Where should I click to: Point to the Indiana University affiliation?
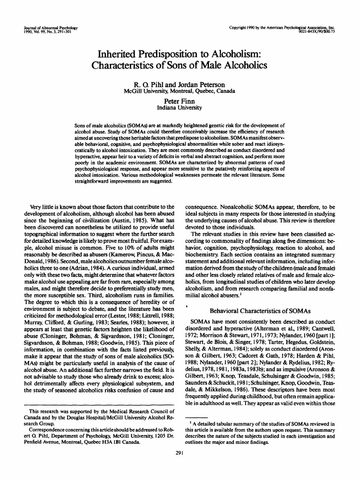click(180, 108)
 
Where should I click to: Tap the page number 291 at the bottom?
click(180, 453)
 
